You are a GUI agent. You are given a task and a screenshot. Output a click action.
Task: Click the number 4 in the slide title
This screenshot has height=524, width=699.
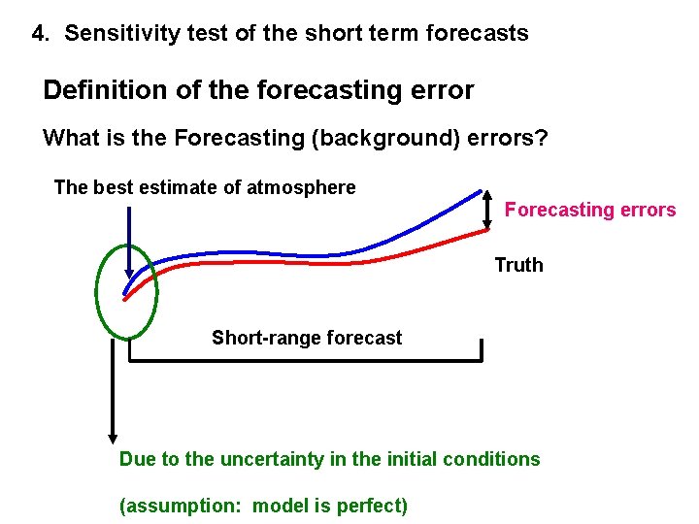[39, 34]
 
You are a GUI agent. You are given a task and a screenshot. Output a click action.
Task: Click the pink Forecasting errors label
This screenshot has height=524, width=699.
[589, 210]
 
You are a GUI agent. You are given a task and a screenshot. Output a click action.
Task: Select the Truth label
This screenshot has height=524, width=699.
[518, 265]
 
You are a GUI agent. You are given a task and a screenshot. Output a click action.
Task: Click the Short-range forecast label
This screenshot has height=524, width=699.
[306, 338]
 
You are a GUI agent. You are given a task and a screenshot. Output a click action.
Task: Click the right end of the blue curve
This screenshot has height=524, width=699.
[482, 191]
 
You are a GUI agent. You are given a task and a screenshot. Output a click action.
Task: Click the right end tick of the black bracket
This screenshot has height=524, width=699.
[482, 349]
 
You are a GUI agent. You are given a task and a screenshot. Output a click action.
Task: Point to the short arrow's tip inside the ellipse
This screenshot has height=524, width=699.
[128, 275]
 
